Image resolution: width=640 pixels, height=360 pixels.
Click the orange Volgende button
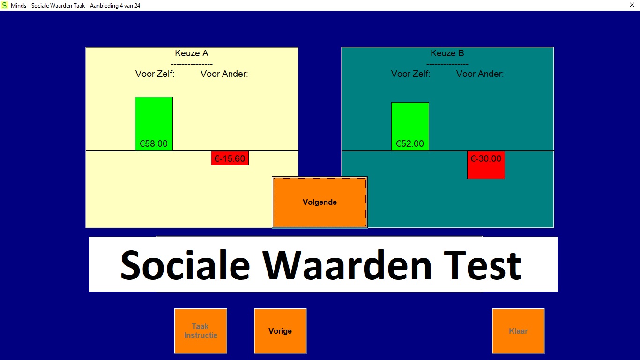[x=320, y=202]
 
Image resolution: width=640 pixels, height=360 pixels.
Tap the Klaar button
[x=518, y=331]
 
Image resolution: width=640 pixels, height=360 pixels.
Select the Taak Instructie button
[x=201, y=331]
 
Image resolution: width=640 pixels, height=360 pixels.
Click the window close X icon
[x=632, y=5]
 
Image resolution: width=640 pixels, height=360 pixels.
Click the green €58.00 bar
[x=154, y=124]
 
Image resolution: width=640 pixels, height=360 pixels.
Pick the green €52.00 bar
[x=410, y=127]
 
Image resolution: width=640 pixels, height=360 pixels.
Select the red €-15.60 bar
[x=230, y=158]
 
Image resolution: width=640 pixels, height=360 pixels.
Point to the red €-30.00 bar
[x=486, y=165]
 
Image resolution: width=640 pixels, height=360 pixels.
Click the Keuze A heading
[x=192, y=53]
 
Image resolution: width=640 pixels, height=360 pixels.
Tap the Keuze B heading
[x=447, y=53]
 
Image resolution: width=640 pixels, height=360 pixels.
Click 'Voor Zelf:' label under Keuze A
[x=155, y=74]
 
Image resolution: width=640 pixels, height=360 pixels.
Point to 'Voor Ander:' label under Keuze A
[x=224, y=74]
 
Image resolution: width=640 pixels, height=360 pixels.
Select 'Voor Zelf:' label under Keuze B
[x=410, y=74]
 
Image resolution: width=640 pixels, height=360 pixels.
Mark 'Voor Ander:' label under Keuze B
[x=480, y=74]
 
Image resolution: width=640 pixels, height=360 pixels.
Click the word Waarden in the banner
[x=347, y=265]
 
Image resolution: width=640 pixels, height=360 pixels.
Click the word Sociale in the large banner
[x=185, y=265]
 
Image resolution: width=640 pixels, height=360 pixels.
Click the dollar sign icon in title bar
[x=4, y=5]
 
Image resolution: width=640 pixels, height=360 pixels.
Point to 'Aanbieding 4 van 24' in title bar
[x=115, y=6]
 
